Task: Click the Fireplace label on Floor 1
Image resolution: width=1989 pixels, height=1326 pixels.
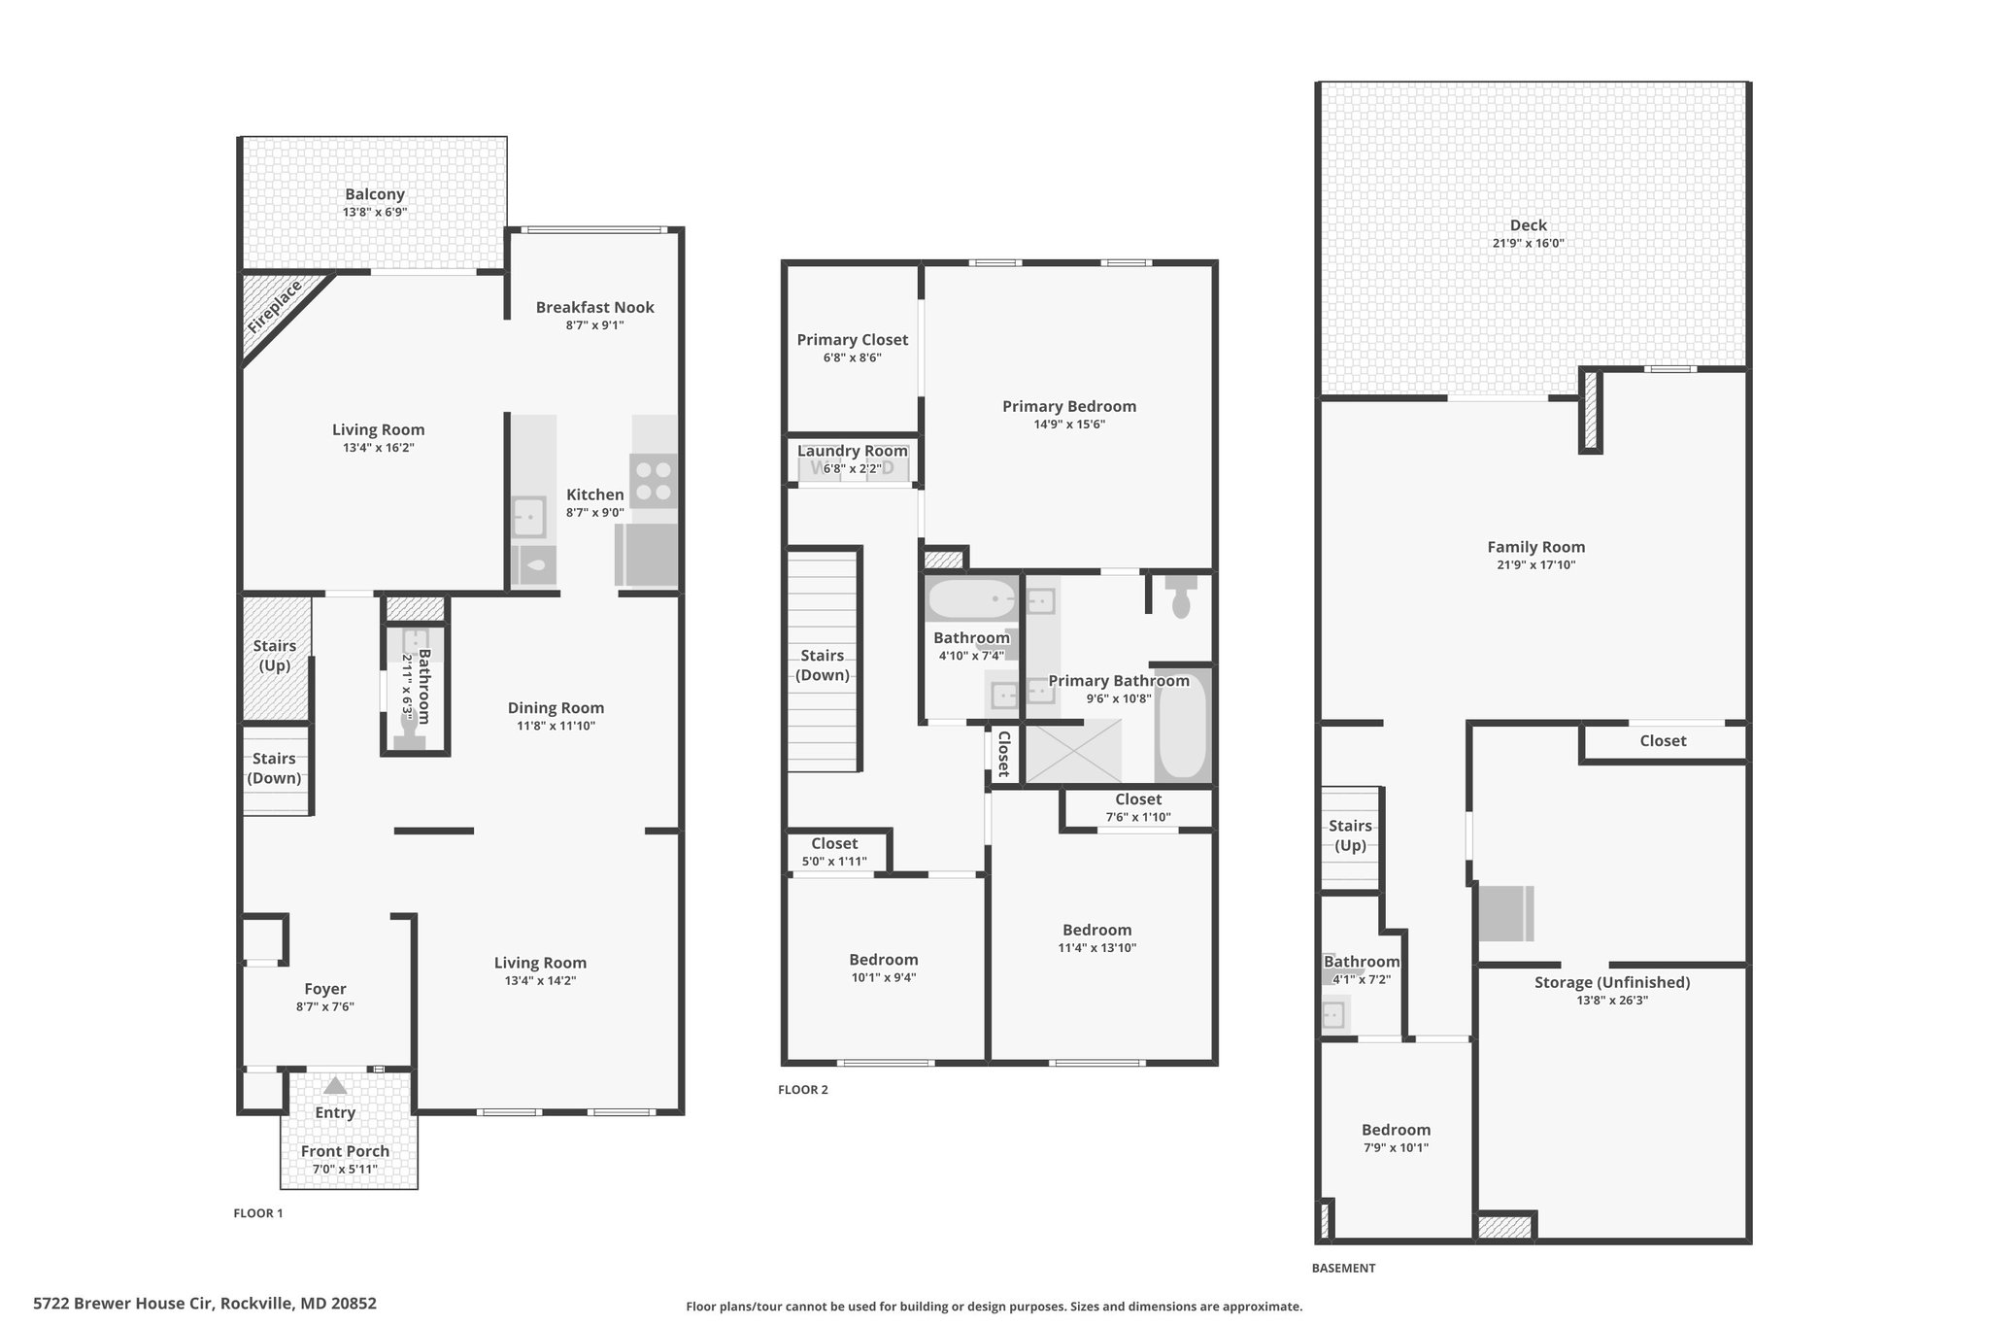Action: click(274, 307)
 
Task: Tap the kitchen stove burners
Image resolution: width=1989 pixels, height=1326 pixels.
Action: click(654, 482)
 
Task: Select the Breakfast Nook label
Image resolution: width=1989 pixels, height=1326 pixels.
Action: click(595, 307)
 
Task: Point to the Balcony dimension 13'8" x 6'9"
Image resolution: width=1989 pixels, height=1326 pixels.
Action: click(375, 212)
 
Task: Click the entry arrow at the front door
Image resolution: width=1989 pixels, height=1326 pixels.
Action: click(335, 1085)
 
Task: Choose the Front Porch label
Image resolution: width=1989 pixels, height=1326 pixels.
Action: click(345, 1151)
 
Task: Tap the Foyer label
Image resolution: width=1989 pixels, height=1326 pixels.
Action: click(325, 989)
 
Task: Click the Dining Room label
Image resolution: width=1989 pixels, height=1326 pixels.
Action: click(556, 708)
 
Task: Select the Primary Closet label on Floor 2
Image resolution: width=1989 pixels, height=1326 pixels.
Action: click(853, 340)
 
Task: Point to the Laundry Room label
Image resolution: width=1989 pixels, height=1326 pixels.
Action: click(853, 451)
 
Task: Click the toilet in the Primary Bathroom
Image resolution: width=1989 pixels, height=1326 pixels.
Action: click(1181, 595)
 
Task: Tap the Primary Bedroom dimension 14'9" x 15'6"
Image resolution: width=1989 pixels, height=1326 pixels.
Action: click(1069, 424)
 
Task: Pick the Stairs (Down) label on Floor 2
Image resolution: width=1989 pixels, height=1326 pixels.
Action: click(823, 665)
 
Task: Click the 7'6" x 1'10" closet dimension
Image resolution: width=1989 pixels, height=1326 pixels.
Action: click(1138, 817)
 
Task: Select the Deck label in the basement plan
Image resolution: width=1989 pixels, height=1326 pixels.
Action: click(1529, 225)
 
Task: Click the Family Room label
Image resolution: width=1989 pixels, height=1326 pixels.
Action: click(1535, 547)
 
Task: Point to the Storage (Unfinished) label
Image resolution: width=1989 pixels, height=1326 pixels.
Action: click(1612, 982)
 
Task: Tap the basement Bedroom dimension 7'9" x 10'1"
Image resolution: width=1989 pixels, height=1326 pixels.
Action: click(1397, 1147)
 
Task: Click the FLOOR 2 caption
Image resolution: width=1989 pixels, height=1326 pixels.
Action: click(803, 1090)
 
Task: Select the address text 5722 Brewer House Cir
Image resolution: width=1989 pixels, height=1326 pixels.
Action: click(124, 1304)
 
